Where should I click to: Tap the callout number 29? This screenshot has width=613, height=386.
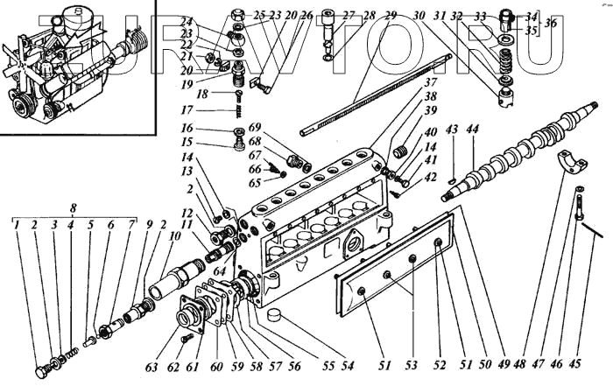(x=391, y=15)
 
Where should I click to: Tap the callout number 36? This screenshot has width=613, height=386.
(x=549, y=23)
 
